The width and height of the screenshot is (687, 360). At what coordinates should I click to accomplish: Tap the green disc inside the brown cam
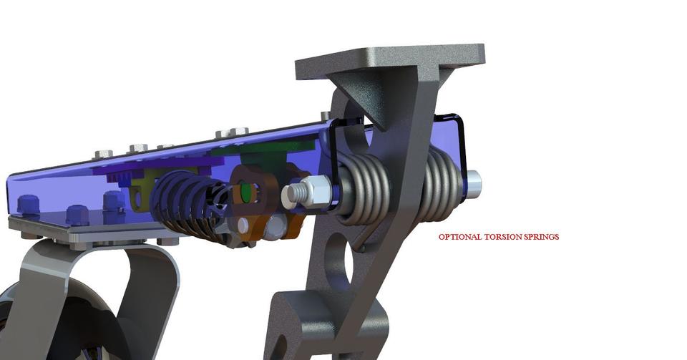pyautogui.click(x=247, y=191)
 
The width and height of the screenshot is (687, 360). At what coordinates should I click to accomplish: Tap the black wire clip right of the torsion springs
pyautogui.click(x=461, y=143)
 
